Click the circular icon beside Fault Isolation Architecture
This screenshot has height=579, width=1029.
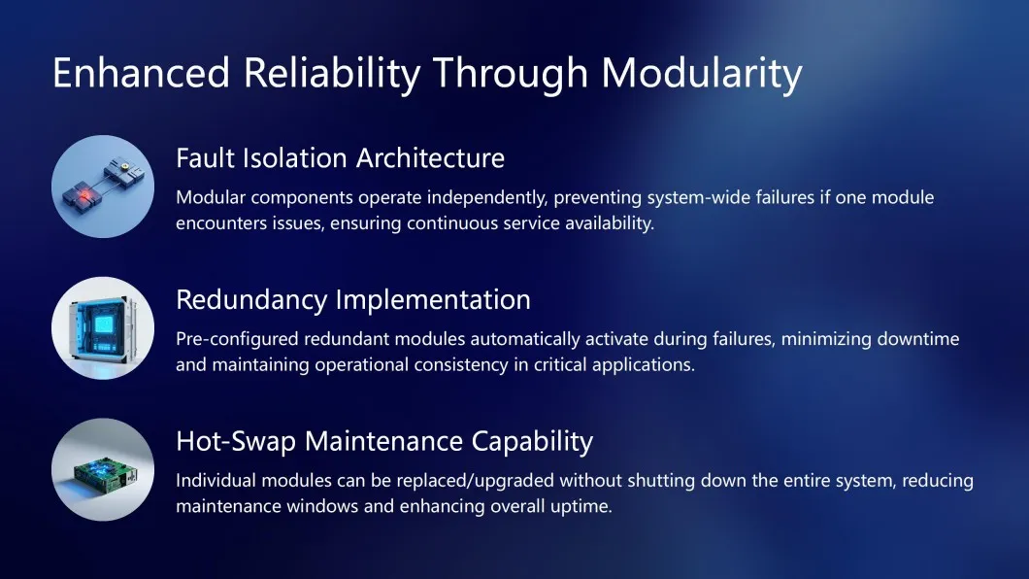[x=103, y=187]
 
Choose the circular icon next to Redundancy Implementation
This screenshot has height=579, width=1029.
[x=103, y=327]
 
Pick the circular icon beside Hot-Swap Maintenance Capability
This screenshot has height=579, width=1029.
[x=103, y=469]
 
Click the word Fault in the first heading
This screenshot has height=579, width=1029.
[x=203, y=157]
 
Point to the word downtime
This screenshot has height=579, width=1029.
[x=916, y=339]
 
